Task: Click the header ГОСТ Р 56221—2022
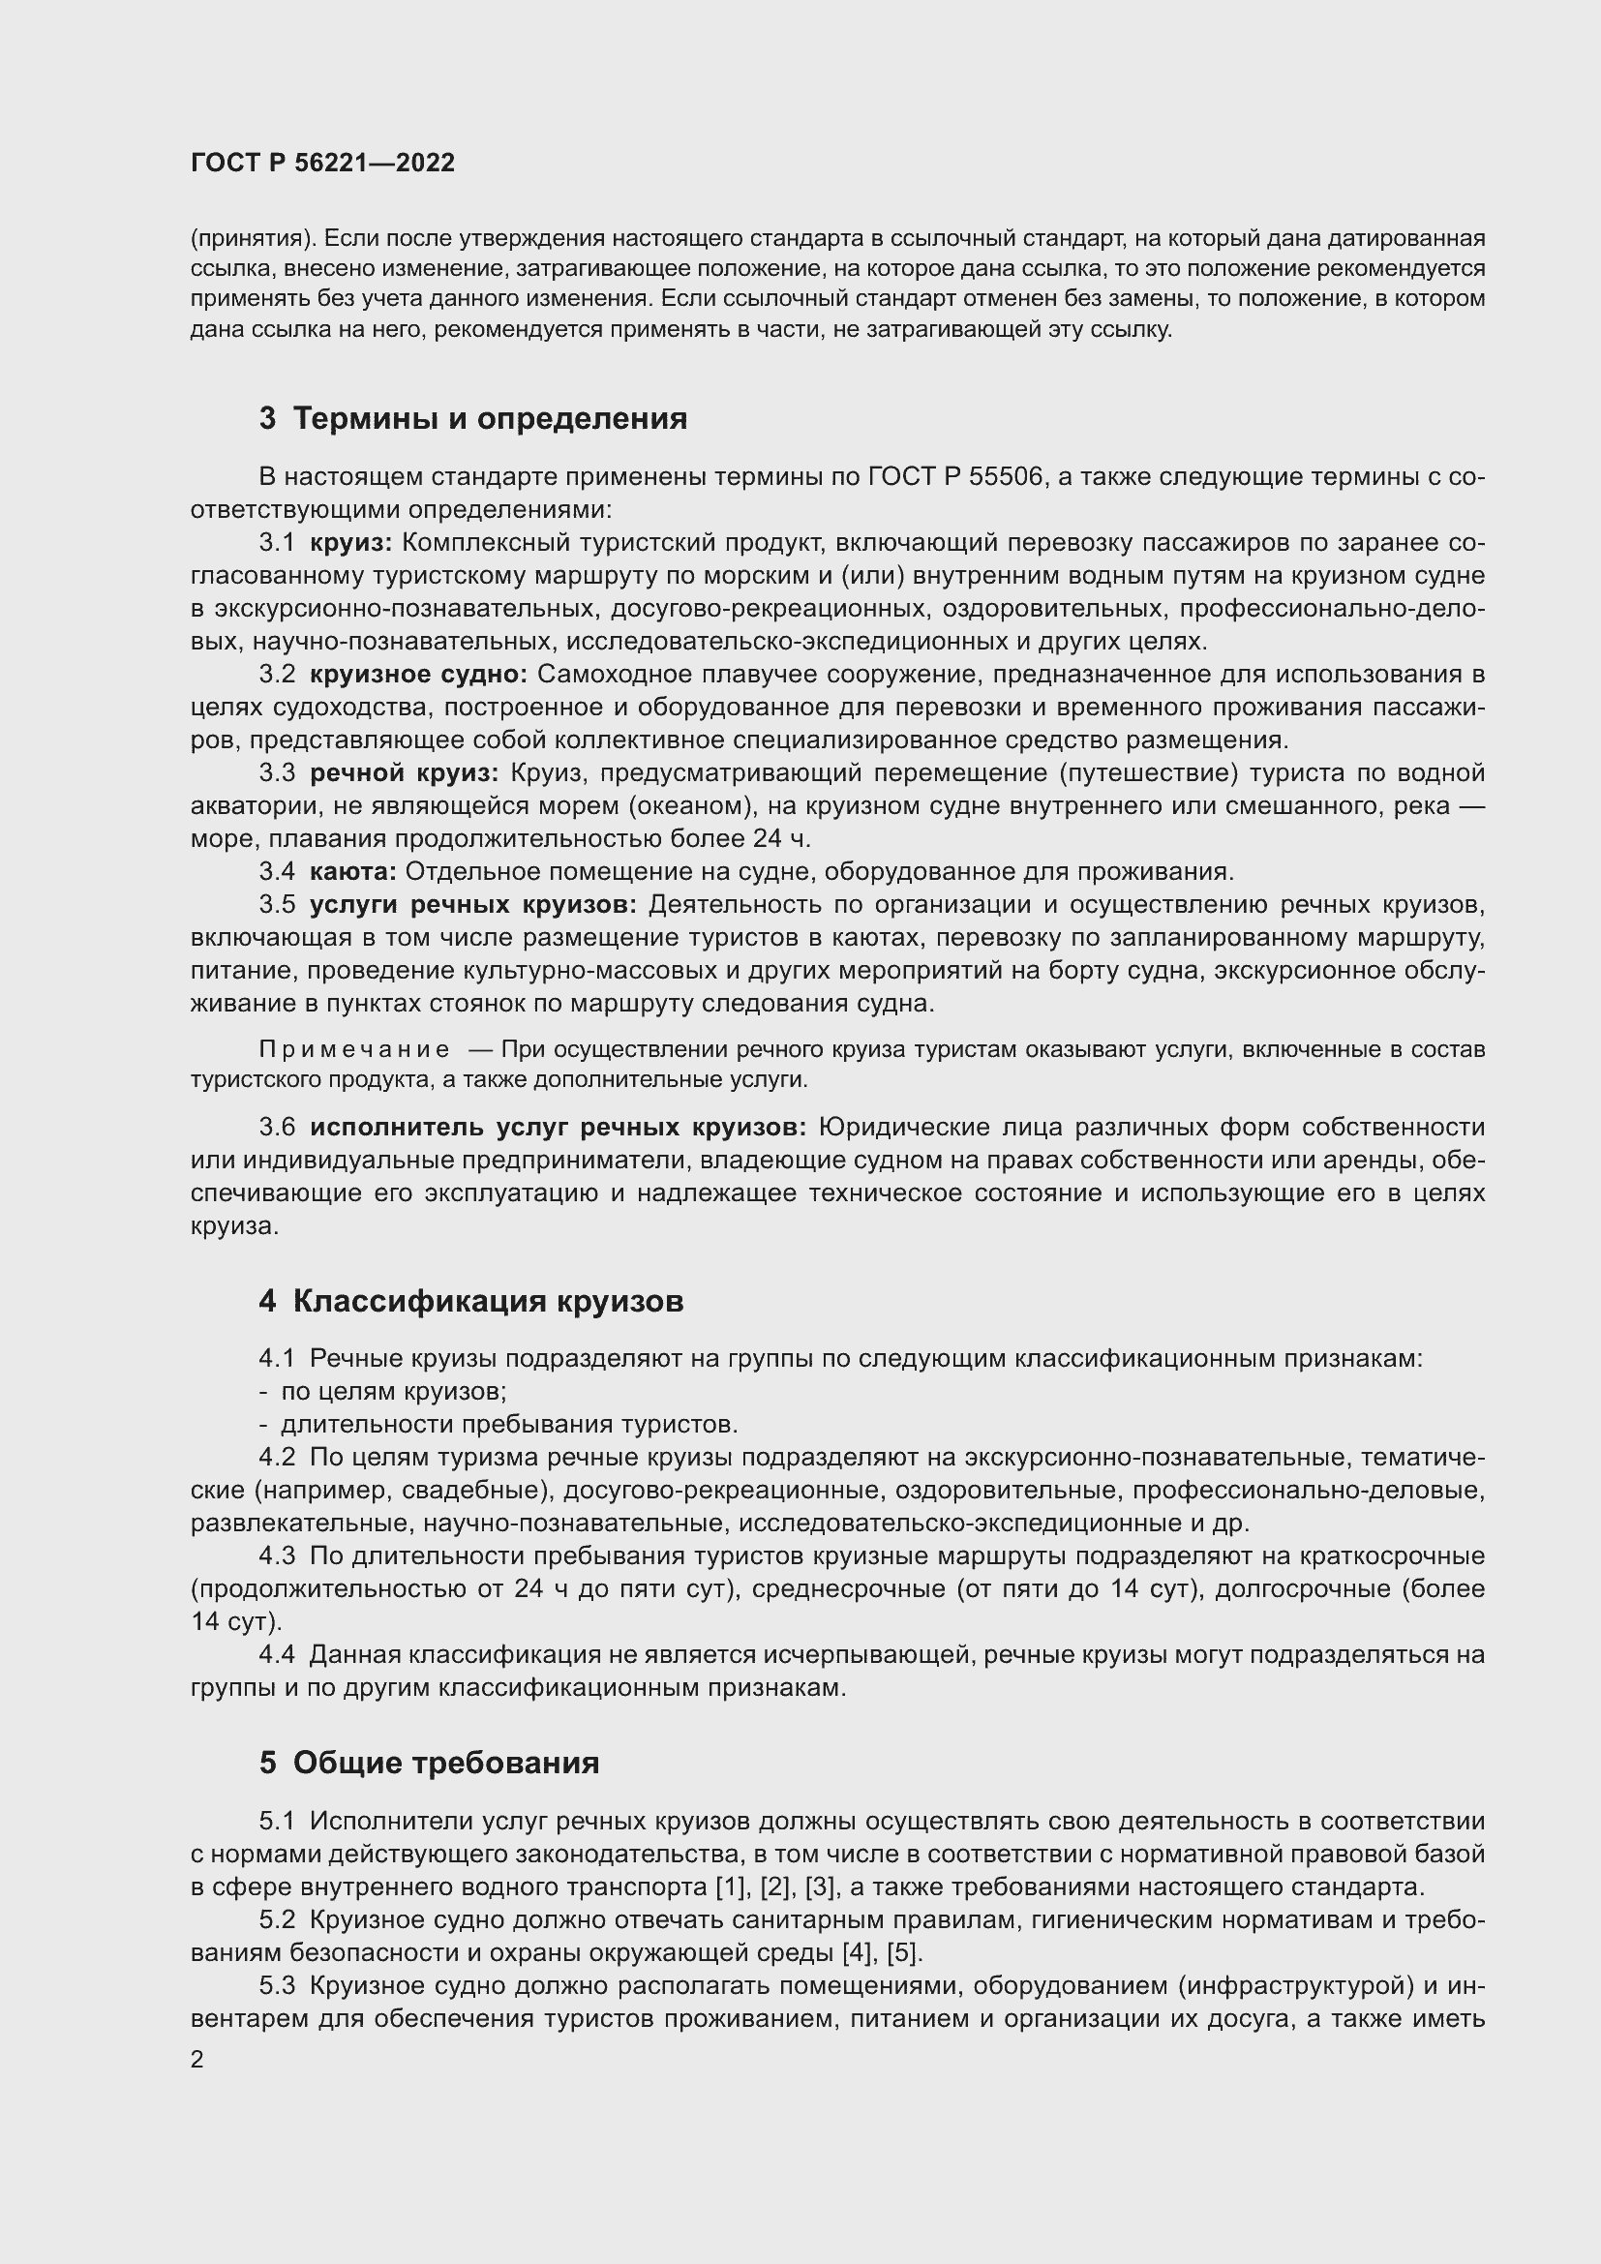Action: pyautogui.click(x=322, y=164)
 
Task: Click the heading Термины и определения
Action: pyautogui.click(x=490, y=419)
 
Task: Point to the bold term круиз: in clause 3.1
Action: pyautogui.click(x=351, y=542)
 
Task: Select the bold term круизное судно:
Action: pyautogui.click(x=418, y=675)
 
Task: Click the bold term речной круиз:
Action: pyautogui.click(x=404, y=773)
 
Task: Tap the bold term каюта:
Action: pyautogui.click(x=352, y=872)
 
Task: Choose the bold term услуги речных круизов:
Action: pyautogui.click(x=473, y=904)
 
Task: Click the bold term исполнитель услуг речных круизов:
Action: pyautogui.click(x=558, y=1127)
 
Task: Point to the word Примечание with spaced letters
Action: pyautogui.click(x=354, y=1049)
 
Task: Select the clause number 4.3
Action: pyautogui.click(x=277, y=1556)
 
